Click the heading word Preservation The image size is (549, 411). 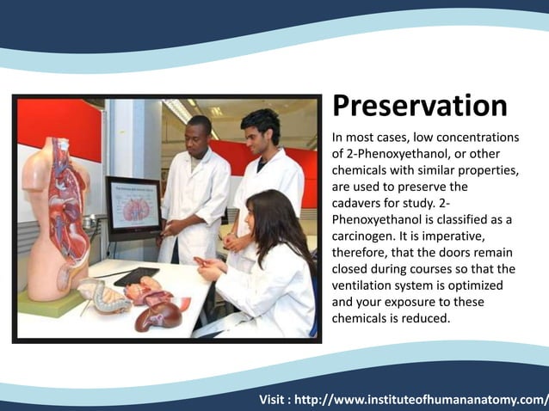click(x=419, y=106)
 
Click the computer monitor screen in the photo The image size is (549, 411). click(x=133, y=207)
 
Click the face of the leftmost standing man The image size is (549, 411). click(x=200, y=133)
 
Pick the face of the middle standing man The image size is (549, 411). click(x=260, y=129)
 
